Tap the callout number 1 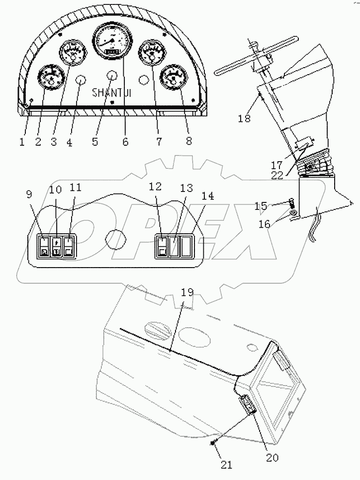[x=22, y=141]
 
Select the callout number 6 [x=125, y=142]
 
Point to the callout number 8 [x=188, y=141]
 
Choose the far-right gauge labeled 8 [x=174, y=78]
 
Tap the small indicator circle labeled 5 [x=111, y=75]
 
